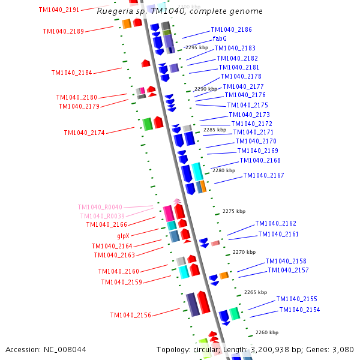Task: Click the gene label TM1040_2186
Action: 231,29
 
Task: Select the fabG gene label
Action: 220,38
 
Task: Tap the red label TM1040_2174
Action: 84,133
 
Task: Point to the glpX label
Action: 124,236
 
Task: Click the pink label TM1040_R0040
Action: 100,207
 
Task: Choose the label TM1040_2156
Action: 130,315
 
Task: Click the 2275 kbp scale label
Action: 233,211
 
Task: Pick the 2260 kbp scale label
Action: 266,332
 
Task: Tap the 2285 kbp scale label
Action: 215,130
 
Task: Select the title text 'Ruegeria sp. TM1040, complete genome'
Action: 179,11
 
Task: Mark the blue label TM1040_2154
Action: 299,310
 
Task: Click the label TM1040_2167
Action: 263,175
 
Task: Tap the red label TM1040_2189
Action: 63,31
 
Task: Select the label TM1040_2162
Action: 275,223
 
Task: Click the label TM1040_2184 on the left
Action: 71,73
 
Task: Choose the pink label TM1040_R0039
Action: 102,216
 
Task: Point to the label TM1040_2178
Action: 241,76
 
